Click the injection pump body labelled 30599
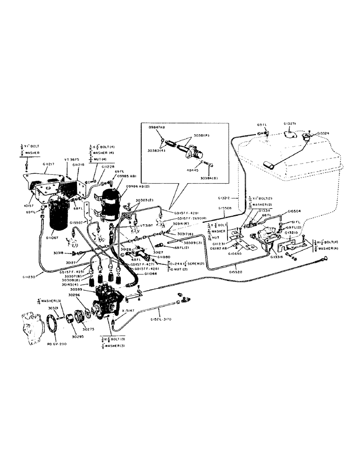pos(107,303)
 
